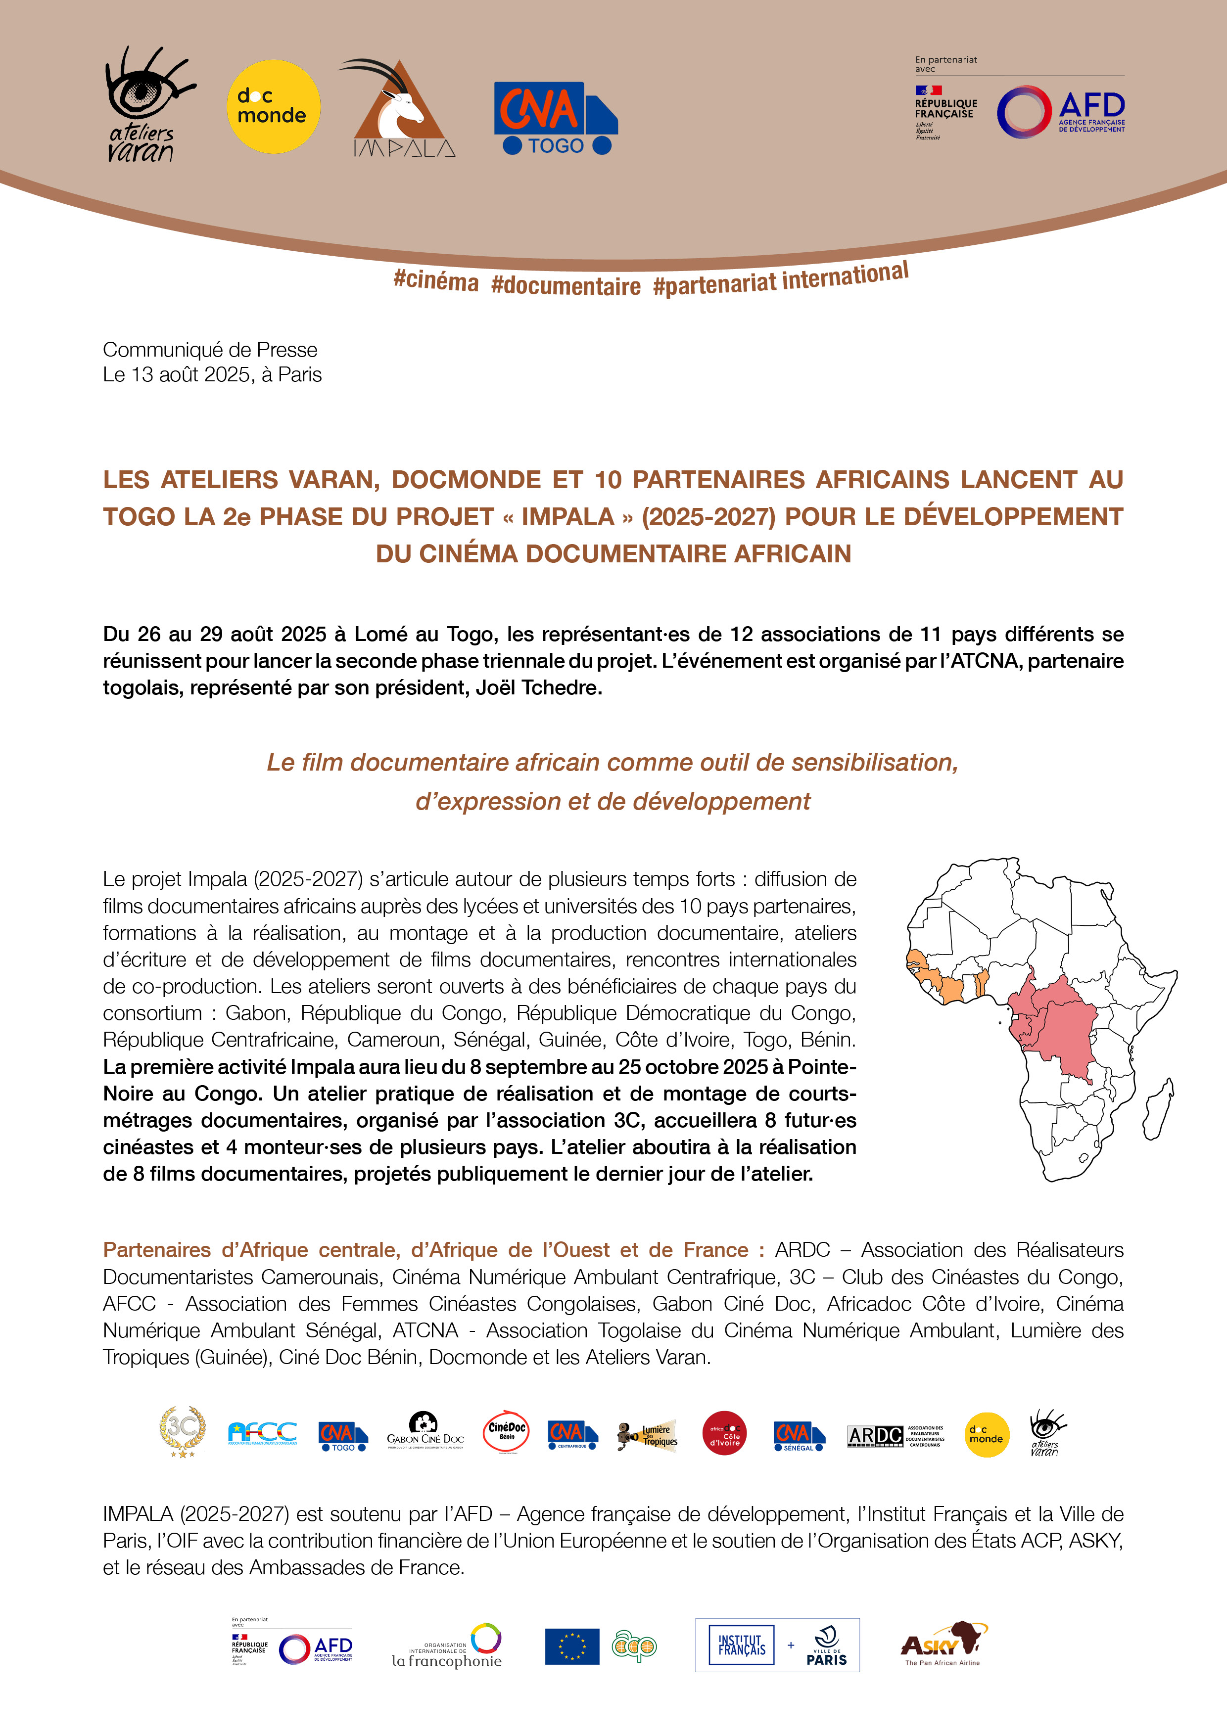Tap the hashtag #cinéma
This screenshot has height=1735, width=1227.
[x=436, y=281]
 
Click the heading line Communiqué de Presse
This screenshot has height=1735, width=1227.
[x=210, y=350]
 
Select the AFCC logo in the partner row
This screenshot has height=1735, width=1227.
[x=262, y=1433]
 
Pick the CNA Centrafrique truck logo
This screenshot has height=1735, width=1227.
[x=572, y=1434]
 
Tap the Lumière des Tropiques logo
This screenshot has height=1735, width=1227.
[x=648, y=1434]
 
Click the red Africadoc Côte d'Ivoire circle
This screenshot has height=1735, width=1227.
[x=724, y=1433]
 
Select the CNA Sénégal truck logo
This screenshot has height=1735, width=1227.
[x=799, y=1435]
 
